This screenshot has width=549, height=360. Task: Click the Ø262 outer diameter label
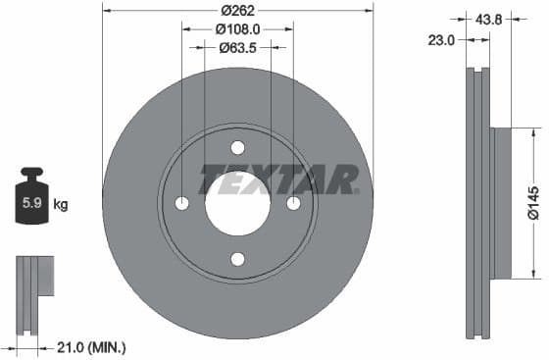[237, 10]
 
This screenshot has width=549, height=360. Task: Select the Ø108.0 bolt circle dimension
[238, 29]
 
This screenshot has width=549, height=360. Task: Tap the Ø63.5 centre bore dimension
[238, 47]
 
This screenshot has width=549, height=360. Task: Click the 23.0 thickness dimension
[444, 39]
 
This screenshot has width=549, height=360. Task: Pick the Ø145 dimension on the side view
[532, 202]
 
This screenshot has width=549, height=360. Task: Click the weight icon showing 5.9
[30, 201]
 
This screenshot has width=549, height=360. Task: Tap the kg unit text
[61, 205]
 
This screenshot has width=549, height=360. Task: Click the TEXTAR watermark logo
[279, 180]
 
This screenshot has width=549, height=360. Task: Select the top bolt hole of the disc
[237, 147]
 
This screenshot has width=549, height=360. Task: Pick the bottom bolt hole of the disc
[237, 259]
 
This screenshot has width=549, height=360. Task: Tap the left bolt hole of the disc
[181, 203]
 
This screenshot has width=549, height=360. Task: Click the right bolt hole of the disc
[293, 203]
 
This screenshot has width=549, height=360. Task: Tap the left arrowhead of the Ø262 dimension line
[106, 10]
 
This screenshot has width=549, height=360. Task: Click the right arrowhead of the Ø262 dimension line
[370, 10]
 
